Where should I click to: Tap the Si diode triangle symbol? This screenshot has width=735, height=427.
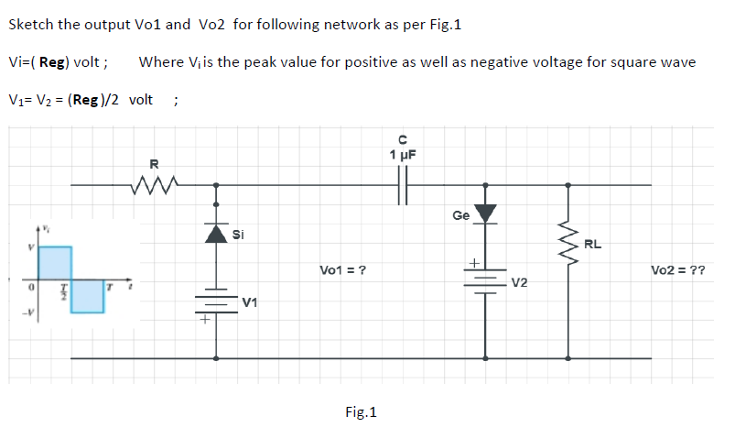[x=216, y=235]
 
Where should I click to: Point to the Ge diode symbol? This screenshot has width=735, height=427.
[x=485, y=213]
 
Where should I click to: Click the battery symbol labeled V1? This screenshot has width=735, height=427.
[x=216, y=302]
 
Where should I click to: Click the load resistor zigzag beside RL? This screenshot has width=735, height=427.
[x=568, y=244]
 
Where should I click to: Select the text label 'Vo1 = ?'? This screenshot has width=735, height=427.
[x=344, y=270]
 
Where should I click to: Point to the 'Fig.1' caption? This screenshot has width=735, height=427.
[x=361, y=412]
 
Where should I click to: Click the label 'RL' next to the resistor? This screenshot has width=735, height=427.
[x=593, y=245]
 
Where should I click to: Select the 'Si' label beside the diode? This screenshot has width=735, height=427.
[x=238, y=235]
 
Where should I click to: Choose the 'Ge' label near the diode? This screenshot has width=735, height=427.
[x=460, y=215]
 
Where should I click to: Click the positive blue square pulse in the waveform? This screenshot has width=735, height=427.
[x=55, y=263]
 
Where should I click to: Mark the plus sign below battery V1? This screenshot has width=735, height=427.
[x=205, y=321]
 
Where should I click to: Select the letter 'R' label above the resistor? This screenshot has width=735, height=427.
[x=154, y=165]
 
